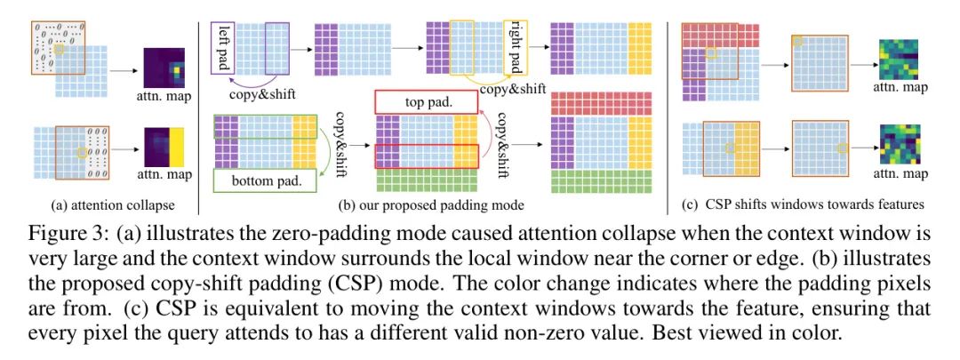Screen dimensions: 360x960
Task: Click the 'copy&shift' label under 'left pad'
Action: pos(250,93)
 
